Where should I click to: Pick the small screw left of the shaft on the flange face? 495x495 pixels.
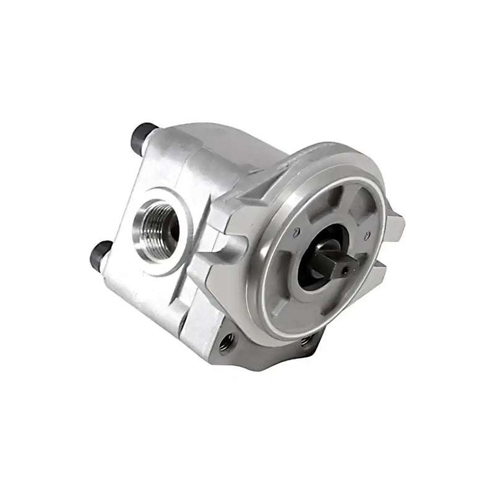(x=297, y=232)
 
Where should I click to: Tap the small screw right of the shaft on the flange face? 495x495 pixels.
(x=368, y=235)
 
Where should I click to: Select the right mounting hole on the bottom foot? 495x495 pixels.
(x=304, y=340)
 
